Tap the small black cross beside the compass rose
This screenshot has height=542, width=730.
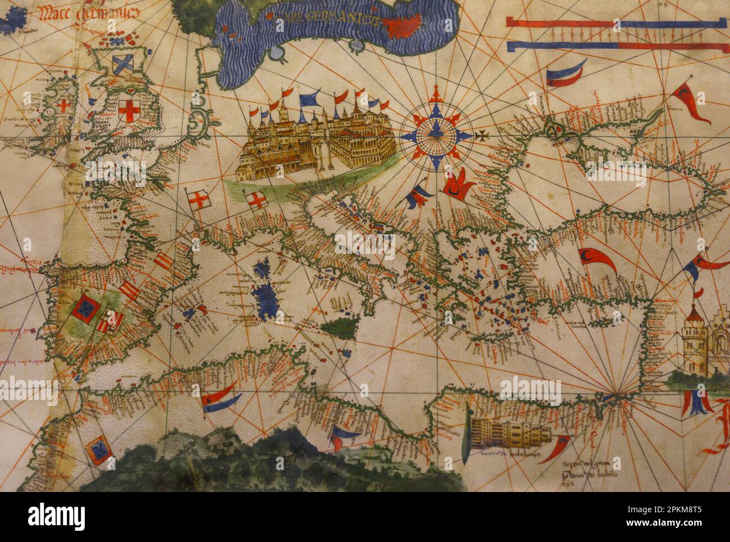481,136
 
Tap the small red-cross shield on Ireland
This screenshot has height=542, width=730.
65,106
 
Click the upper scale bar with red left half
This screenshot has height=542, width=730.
615,22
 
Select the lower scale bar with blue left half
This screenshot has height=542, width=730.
615,46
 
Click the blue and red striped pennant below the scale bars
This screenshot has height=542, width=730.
564,72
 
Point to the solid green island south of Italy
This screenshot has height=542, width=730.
340,326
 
